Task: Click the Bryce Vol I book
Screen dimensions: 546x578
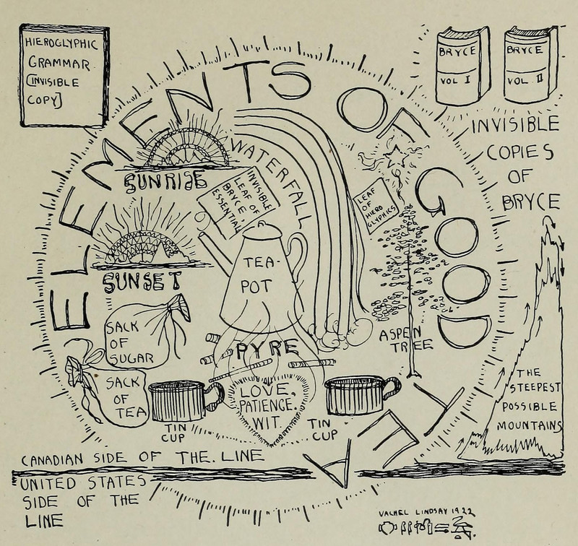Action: pos(462,65)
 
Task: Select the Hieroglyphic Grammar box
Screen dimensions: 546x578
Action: pos(64,76)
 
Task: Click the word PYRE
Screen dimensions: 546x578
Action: pos(257,350)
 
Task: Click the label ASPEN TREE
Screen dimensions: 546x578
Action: pos(405,339)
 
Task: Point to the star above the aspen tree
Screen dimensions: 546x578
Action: pos(395,155)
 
